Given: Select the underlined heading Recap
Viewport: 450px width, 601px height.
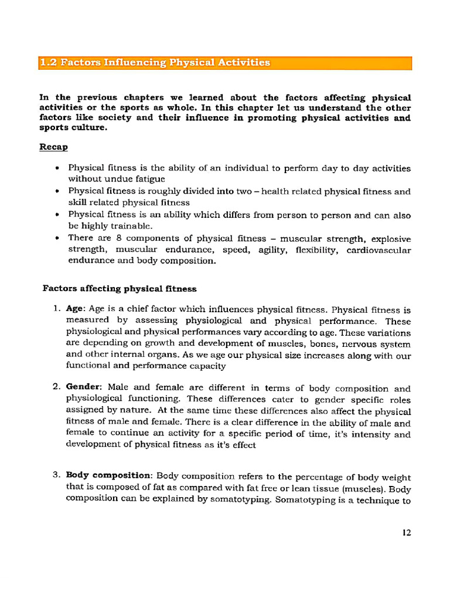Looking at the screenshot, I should (x=53, y=147).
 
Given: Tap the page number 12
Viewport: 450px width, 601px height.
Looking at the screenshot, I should (x=407, y=533).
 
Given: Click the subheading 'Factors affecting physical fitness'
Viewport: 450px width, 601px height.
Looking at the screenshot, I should (x=120, y=289).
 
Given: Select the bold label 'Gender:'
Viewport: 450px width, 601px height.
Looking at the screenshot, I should (x=84, y=388).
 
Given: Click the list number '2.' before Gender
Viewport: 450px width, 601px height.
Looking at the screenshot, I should (x=57, y=388).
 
